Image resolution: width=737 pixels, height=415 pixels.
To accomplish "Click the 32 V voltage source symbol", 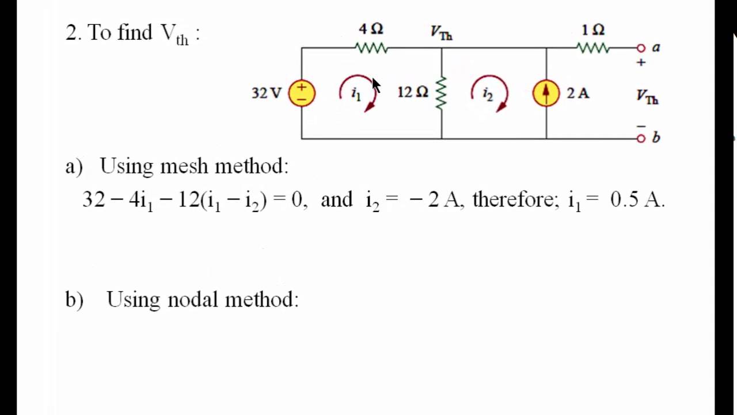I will (302, 93).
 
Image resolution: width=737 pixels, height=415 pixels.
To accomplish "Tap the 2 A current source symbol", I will (546, 93).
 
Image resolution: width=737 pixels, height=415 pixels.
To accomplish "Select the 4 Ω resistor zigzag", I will (372, 48).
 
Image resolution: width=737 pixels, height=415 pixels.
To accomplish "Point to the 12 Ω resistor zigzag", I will (441, 93).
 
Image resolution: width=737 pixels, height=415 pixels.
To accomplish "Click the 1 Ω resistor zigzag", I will (593, 48).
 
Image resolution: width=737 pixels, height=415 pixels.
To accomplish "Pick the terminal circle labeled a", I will (641, 48).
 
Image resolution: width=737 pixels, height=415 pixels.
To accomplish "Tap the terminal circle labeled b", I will (641, 138).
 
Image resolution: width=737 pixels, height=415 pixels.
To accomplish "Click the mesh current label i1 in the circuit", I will (356, 93).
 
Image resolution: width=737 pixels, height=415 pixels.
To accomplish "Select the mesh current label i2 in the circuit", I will (488, 93).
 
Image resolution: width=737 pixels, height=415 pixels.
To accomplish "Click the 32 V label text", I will (266, 93).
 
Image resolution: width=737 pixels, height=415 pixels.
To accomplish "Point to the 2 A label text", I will (578, 93).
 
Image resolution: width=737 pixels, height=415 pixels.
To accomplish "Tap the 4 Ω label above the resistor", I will (371, 29).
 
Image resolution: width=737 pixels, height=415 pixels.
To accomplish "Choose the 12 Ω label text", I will (412, 92).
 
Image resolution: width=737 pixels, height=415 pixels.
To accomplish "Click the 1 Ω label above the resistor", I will (593, 29).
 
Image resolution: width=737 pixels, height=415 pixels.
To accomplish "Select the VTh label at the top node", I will (442, 33).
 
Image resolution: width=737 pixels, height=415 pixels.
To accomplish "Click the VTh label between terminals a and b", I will (647, 97).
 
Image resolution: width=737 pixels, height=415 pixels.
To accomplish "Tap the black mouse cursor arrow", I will (375, 85).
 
